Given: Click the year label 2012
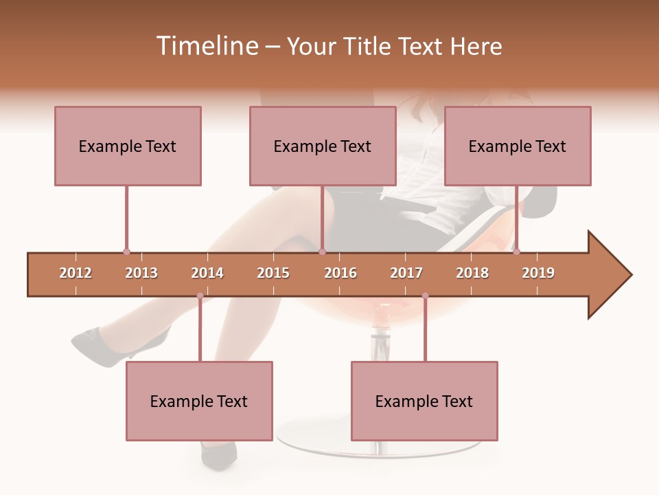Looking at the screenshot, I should point(76,273).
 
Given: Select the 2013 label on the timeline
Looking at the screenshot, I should point(141,273).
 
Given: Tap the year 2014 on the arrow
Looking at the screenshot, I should point(207,273).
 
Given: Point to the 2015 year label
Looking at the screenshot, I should point(273,273).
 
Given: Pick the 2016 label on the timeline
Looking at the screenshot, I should point(340,273).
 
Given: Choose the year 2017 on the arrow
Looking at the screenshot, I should point(406,273).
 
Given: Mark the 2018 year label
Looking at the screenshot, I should point(472,273).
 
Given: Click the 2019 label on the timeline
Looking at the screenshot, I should point(538,273).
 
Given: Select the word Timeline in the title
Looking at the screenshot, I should point(206,46).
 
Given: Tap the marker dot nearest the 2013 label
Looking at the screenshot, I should point(126,252).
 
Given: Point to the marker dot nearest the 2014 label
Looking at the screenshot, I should point(200,296).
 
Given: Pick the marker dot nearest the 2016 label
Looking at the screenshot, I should point(322,252).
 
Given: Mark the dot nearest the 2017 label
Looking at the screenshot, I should point(425,296).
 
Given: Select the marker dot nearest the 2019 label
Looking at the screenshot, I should point(517,252).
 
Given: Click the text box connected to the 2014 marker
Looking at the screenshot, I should point(199,401).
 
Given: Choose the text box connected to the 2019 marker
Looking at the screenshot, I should point(518,146).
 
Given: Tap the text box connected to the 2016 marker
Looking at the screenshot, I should point(323,146).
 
